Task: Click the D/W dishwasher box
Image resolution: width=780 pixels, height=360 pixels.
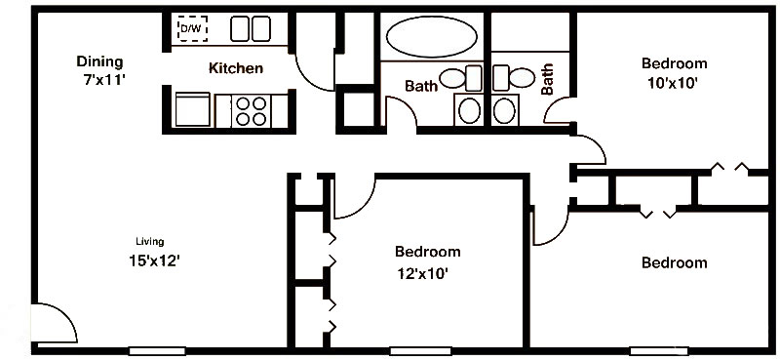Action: (192, 29)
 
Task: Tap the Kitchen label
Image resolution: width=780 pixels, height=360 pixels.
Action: (236, 68)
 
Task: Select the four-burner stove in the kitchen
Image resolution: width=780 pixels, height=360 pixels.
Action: (252, 111)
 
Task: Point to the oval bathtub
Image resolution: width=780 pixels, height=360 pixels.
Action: (432, 36)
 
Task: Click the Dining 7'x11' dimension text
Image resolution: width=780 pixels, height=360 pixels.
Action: (103, 80)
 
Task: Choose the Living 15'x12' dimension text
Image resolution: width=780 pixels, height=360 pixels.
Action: (154, 260)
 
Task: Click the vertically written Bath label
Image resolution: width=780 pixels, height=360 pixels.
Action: (547, 79)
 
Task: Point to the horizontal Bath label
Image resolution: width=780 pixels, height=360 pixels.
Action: (421, 86)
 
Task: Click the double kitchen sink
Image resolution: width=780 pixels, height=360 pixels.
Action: (251, 29)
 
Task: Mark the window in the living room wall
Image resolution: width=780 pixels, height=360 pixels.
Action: (157, 351)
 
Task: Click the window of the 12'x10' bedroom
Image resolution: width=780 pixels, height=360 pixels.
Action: (420, 351)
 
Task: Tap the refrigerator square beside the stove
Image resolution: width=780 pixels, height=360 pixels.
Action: (193, 109)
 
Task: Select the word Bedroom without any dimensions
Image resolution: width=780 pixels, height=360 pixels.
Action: (674, 262)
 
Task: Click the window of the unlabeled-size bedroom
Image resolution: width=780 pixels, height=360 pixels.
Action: (660, 351)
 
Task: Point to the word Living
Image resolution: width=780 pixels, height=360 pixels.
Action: (150, 242)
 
